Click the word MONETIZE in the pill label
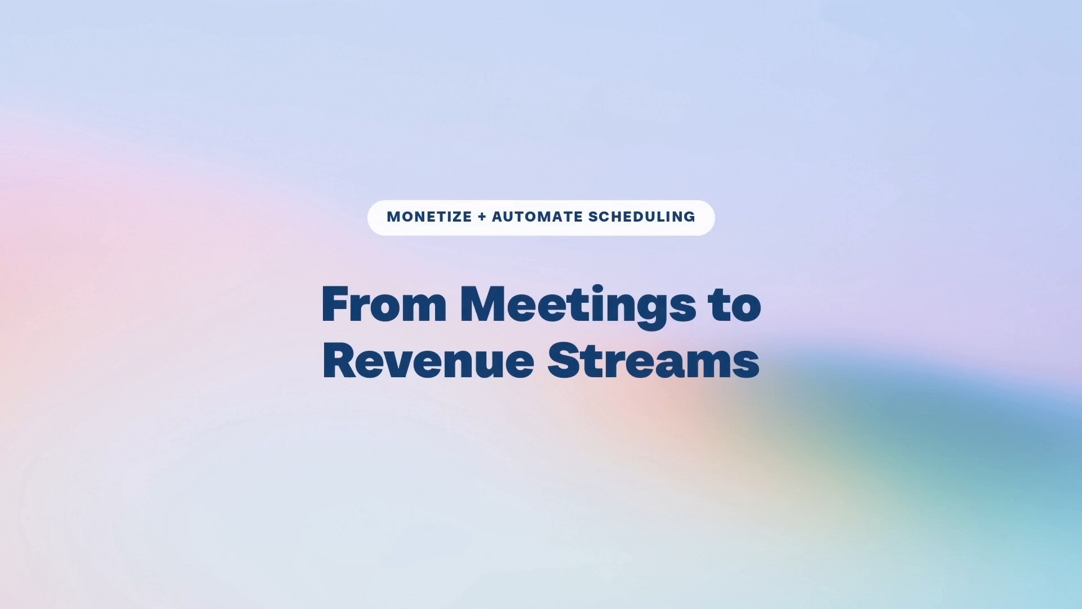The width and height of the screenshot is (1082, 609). pos(429,217)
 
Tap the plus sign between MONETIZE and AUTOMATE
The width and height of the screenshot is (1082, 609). pos(482,217)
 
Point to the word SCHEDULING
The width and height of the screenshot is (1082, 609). pos(642,217)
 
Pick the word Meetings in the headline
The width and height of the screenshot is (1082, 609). pos(578,306)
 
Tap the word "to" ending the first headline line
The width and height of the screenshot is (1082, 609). pos(735,305)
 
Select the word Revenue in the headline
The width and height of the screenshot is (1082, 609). pos(428,360)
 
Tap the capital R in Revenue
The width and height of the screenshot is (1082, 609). pos(340,360)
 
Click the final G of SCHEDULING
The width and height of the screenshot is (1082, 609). pos(689,217)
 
